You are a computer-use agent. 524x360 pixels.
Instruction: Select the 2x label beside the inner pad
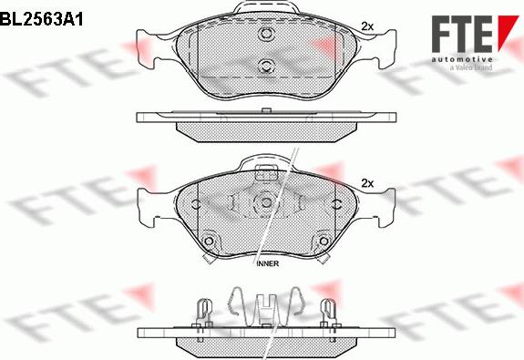[x=368, y=183]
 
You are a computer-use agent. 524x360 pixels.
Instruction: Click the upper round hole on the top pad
[x=267, y=36]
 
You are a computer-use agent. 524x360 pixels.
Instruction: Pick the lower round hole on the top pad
[x=267, y=65]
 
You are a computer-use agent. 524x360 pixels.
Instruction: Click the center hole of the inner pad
[x=266, y=204]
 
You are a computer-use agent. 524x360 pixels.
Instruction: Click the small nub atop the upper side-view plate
[x=265, y=110]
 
